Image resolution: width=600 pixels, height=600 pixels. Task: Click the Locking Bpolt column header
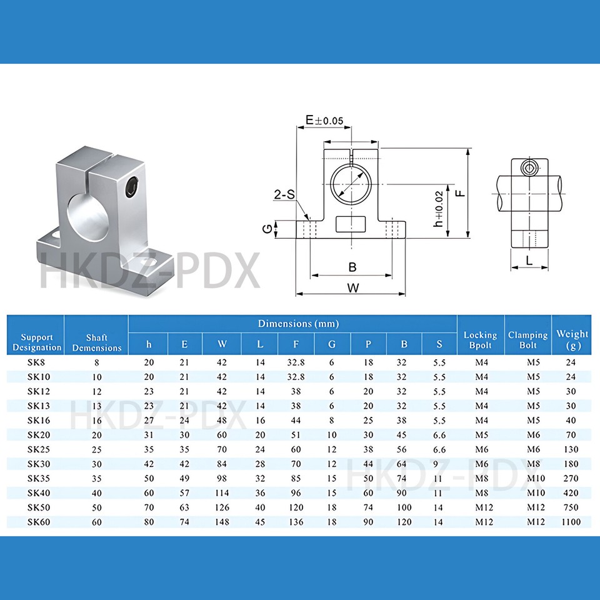coord(480,341)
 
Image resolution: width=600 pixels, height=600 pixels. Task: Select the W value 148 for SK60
coord(222,522)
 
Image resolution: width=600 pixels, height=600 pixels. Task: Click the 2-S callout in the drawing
coord(284,195)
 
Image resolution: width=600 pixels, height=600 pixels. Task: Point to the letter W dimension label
coord(352,288)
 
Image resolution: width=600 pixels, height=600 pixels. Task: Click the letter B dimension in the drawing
coord(352,267)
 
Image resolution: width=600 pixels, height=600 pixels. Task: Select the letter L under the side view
coord(529,261)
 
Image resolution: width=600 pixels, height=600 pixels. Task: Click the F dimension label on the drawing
coord(459,193)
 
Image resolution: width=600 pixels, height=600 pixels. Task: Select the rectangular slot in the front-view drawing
coord(351,223)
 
